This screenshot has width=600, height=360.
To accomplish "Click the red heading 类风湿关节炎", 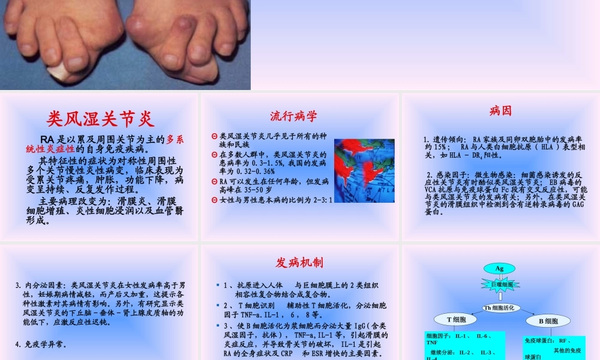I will pos(101,118).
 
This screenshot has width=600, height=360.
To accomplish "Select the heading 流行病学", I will pos(293,116).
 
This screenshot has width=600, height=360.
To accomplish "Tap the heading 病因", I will pos(500,111).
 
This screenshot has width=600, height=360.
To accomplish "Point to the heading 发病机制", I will pos(299,262).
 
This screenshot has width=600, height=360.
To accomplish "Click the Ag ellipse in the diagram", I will pos(499,268).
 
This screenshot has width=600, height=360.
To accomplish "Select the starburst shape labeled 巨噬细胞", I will pos(499,284).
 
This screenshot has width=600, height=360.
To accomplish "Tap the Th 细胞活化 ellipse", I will pos(499,308).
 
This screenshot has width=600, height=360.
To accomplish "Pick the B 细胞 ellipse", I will pos(548,321).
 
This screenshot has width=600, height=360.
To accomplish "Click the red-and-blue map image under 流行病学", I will pos(364,170).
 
